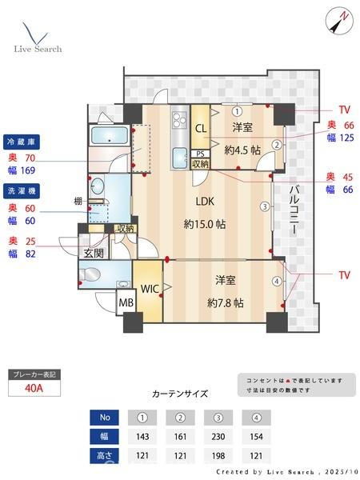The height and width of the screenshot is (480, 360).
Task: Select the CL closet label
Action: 200,126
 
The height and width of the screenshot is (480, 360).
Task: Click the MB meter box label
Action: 126,304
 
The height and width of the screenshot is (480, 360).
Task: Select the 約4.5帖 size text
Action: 242,150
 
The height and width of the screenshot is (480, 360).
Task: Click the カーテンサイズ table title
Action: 180,394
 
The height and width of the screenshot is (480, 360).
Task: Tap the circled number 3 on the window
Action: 264,206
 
